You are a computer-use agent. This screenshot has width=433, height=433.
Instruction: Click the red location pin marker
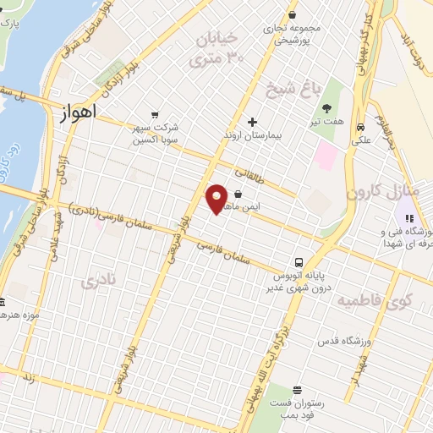(217, 199)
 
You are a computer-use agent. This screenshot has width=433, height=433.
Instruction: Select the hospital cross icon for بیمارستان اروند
(252, 122)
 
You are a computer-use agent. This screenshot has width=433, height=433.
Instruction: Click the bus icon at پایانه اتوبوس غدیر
(299, 262)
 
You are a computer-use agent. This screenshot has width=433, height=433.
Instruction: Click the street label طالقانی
(250, 175)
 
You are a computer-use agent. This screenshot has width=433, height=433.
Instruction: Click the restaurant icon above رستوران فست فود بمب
(297, 390)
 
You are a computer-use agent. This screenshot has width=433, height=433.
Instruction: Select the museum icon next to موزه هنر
(3, 302)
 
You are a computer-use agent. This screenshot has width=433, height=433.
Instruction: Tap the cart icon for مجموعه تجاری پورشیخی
(292, 14)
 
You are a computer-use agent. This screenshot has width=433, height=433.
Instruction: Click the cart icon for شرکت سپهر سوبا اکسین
(154, 115)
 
